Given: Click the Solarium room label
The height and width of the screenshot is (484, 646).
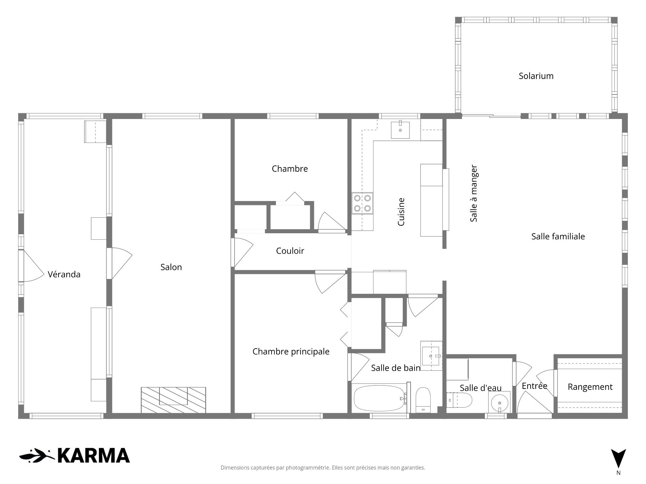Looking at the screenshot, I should coord(536,76).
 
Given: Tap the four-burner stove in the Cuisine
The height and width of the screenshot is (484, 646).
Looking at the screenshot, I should coord(362,203).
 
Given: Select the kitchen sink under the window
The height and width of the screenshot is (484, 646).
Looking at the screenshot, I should coord(400,130).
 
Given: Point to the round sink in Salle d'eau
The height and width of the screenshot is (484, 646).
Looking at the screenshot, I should coord(499,402).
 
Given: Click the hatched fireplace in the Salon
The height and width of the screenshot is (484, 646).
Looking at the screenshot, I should coord(173,400).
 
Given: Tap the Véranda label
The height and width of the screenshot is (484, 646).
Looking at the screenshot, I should coord(64,275).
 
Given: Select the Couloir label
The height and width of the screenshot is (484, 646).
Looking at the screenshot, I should coord(290,251).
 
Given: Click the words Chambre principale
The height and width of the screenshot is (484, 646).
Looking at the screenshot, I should coord(291,352).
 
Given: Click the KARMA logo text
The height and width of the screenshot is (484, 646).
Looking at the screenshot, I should coord(94,456).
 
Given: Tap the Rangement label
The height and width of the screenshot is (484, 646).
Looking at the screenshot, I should coord(590,387).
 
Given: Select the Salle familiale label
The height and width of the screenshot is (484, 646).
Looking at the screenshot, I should coord(558,236).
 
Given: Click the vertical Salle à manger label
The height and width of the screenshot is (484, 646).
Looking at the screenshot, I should coord(474,193).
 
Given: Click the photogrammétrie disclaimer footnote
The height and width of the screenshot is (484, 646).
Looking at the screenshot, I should coord(323,468).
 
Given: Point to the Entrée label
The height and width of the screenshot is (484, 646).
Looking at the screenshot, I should coord(534,386).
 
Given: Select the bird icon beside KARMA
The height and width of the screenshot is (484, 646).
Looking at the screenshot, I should coord(36,456).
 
